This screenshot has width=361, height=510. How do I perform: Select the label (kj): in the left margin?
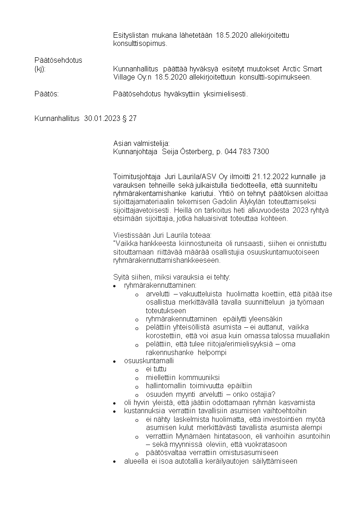click(40, 69)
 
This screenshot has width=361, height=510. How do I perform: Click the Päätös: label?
click(47, 94)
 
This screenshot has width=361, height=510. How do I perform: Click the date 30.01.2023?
click(102, 119)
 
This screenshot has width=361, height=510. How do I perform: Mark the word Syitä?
click(120, 277)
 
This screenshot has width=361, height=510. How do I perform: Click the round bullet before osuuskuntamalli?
click(115, 361)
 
